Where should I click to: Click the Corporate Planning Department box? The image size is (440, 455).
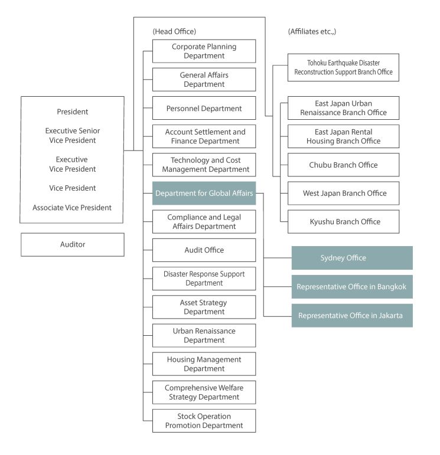(x=204, y=51)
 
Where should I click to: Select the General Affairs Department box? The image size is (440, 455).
(x=204, y=80)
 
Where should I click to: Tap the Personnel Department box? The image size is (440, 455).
(x=204, y=108)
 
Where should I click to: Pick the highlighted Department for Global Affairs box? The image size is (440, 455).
(x=204, y=193)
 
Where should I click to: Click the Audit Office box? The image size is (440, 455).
(x=204, y=250)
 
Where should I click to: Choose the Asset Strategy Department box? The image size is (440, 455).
(x=204, y=307)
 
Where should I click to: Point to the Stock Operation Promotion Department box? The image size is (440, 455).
(x=204, y=421)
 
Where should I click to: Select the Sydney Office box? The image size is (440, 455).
(x=352, y=258)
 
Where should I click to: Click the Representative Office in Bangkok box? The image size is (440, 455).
(x=352, y=287)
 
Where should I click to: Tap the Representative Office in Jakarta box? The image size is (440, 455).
(x=352, y=315)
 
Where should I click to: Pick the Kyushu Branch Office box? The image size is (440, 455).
(x=343, y=222)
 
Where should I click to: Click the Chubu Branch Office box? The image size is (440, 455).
(x=343, y=165)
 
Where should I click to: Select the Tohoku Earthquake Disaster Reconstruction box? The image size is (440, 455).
(x=343, y=67)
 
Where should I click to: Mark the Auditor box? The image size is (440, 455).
(x=73, y=245)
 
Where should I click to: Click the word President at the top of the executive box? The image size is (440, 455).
(x=72, y=112)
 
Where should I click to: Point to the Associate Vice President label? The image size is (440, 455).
(x=72, y=208)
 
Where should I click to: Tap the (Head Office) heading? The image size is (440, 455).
(x=174, y=31)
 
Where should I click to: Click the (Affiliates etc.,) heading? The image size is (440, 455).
(x=312, y=31)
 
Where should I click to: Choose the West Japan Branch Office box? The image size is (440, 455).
(x=343, y=193)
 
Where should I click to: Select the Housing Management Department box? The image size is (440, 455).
(x=204, y=364)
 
